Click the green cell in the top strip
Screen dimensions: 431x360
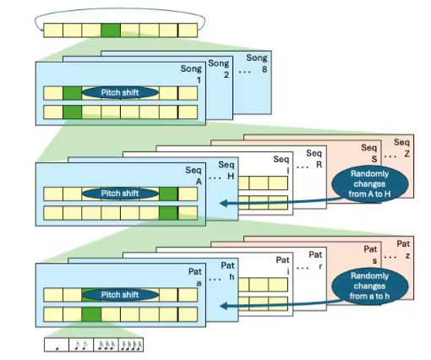[x=111, y=30]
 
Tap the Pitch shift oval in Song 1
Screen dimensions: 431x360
[x=120, y=93]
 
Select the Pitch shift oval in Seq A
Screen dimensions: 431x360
[x=120, y=194]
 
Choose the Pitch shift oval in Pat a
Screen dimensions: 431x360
[x=120, y=295]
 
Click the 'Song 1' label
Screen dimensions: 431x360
[x=191, y=74]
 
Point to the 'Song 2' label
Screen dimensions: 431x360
[x=219, y=69]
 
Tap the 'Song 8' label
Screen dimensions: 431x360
[x=257, y=63]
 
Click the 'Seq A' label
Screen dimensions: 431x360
[x=194, y=176]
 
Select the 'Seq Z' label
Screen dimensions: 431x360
[x=401, y=148]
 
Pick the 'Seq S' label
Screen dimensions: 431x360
[x=369, y=153]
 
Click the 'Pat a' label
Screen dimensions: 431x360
[x=195, y=277]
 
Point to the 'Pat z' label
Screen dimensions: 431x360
[x=403, y=249]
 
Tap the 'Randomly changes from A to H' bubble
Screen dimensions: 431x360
[x=369, y=183]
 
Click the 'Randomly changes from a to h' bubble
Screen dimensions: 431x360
[x=369, y=286]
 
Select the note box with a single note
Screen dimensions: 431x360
[x=57, y=345]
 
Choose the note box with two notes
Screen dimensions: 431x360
[x=81, y=345]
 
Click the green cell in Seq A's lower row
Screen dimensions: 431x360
[x=168, y=213]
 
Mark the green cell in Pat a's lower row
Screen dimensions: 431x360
[x=91, y=314]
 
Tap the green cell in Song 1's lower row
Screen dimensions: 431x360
[x=73, y=112]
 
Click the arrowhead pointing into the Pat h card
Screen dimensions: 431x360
[x=224, y=306]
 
